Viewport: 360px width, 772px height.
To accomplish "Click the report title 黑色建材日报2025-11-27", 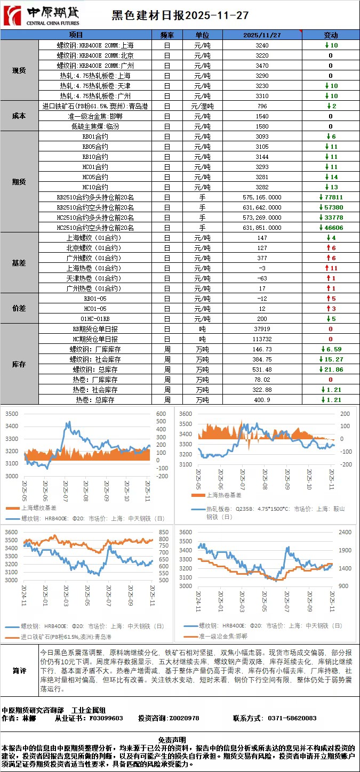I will click(180, 16).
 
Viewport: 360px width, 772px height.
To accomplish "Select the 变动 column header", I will click(331, 35).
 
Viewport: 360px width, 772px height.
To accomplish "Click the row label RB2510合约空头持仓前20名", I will click(95, 207).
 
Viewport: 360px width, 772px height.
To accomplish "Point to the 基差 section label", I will click(19, 263).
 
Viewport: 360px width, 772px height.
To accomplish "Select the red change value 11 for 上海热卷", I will click(331, 268).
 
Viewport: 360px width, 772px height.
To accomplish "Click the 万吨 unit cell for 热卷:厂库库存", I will click(202, 380).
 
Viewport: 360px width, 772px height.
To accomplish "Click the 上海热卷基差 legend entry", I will click(217, 495).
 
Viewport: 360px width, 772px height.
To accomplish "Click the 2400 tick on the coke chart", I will click(345, 532).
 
